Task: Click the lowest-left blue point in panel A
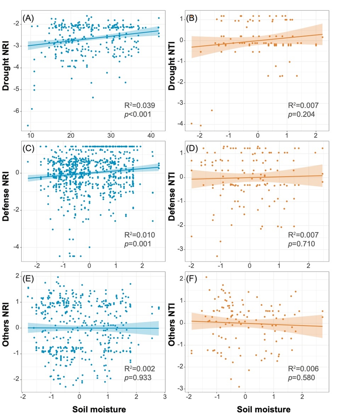pos(28,125)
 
